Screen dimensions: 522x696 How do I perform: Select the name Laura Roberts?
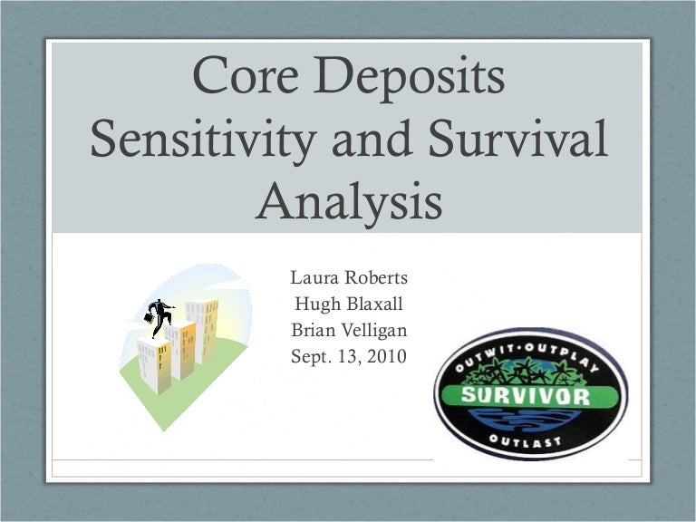click(348, 276)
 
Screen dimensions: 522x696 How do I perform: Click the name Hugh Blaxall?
click(348, 304)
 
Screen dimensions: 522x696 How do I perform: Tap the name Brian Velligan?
click(348, 330)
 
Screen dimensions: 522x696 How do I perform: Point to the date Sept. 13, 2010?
click(348, 356)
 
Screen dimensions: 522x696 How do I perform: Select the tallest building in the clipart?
click(202, 331)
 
